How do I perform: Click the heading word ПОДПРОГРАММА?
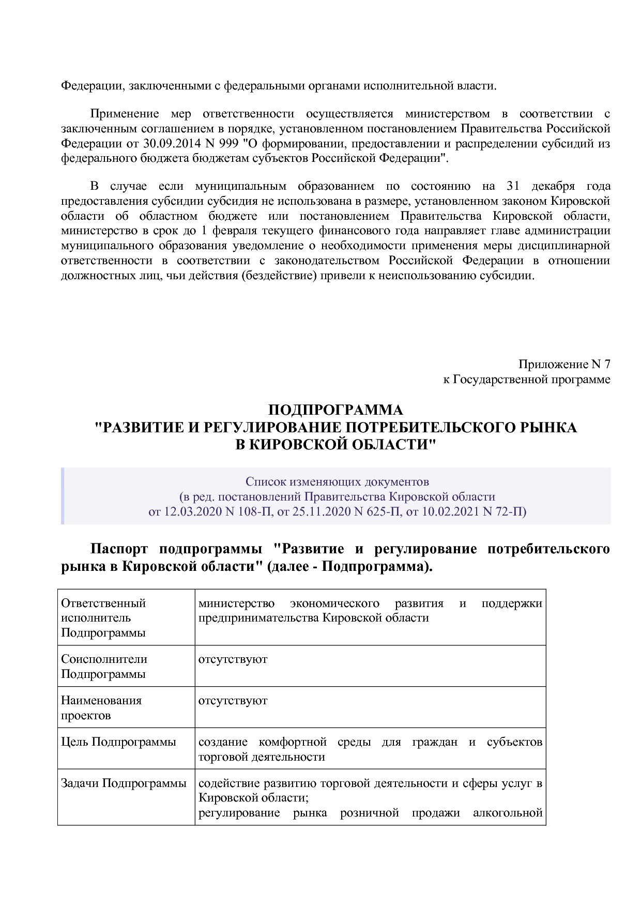335,410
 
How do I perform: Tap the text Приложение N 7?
564,364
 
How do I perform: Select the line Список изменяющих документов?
337,482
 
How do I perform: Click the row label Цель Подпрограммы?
118,742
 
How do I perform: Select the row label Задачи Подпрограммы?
124,783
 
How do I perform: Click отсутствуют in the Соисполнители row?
233,659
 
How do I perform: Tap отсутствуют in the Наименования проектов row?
233,701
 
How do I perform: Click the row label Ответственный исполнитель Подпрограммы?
103,618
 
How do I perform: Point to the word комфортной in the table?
293,742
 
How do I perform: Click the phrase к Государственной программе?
526,379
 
